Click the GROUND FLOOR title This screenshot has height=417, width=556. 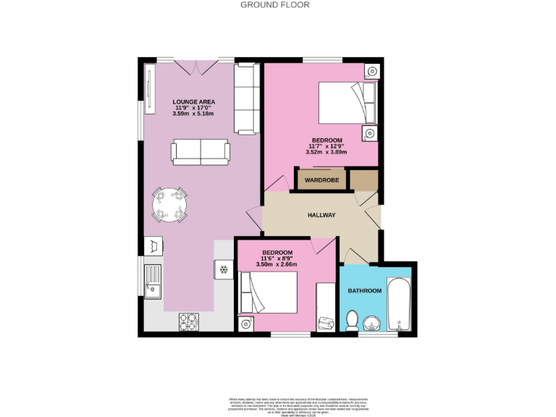pyautogui.click(x=275, y=5)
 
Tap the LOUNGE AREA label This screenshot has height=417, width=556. pyautogui.click(x=193, y=101)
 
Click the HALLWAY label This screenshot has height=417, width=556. pyautogui.click(x=321, y=215)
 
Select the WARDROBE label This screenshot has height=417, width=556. pyautogui.click(x=321, y=180)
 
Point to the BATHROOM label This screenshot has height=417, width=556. pyautogui.click(x=364, y=291)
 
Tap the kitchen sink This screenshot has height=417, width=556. pyautogui.click(x=153, y=282)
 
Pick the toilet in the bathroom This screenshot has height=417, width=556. pyautogui.click(x=353, y=319)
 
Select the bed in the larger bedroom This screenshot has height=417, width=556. pyautogui.click(x=347, y=103)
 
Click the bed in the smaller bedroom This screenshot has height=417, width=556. pyautogui.click(x=269, y=292)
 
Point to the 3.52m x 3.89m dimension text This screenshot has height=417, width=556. pyautogui.click(x=327, y=152)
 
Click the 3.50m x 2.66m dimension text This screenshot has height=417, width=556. pyautogui.click(x=277, y=265)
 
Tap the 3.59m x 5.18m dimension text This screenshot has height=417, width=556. pyautogui.click(x=193, y=114)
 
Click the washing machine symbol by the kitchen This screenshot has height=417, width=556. pyautogui.click(x=153, y=245)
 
